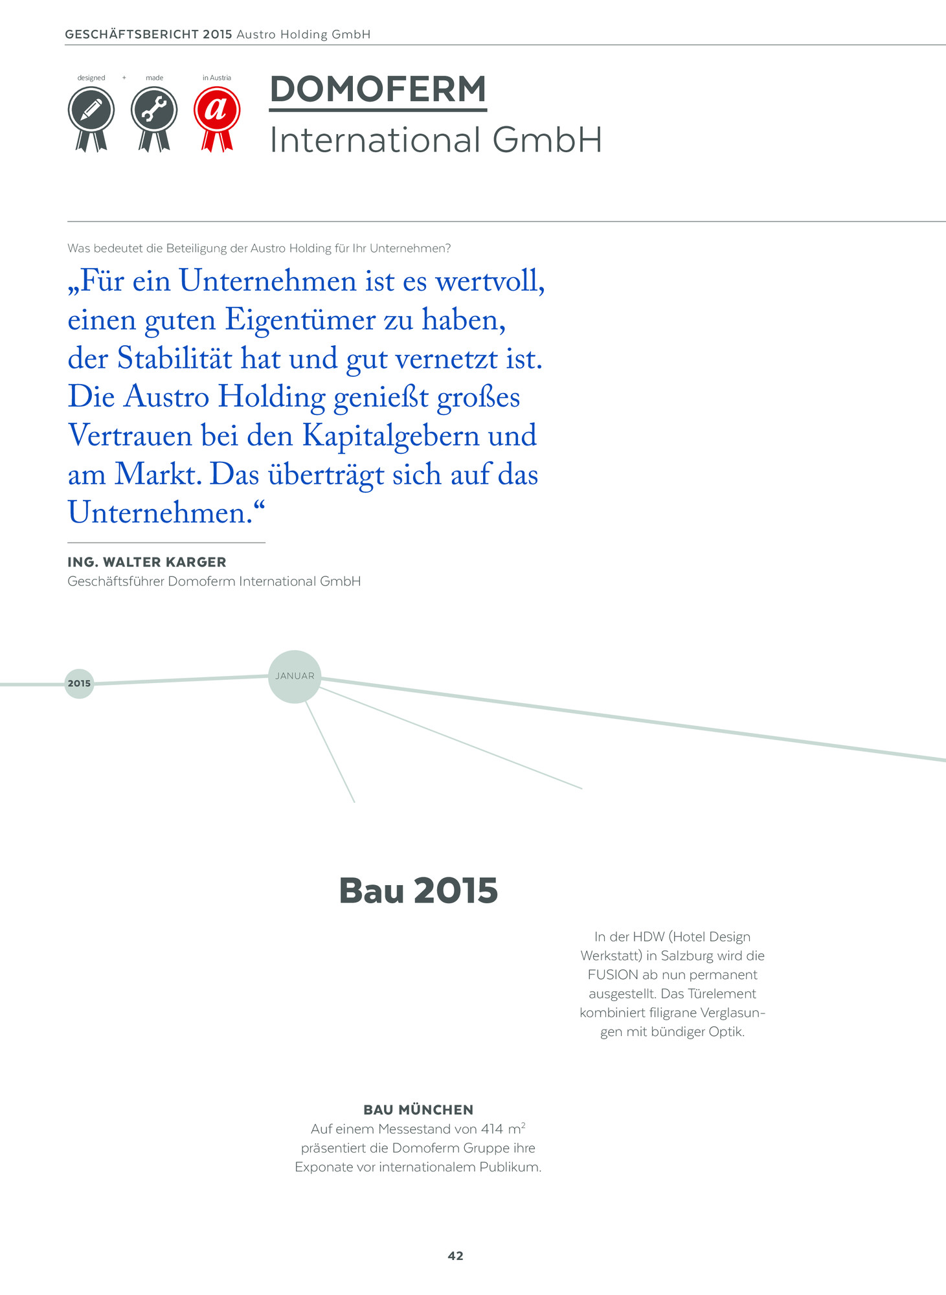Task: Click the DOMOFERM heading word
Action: pos(377,89)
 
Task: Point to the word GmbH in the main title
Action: pos(547,140)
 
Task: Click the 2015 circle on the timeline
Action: pos(79,684)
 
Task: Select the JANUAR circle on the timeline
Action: pos(295,677)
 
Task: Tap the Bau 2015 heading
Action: pos(418,890)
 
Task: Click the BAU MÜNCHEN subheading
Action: pos(418,1110)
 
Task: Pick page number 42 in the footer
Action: pos(455,1256)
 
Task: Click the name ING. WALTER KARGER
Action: pos(147,562)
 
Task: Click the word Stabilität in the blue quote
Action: pos(174,359)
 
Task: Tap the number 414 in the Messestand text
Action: pos(491,1129)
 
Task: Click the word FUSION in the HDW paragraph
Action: pos(613,974)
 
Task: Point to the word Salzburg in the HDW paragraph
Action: pos(688,956)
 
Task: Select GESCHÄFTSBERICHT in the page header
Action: pos(131,34)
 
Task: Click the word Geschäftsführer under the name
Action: pos(116,581)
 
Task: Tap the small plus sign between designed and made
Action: pos(124,78)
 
